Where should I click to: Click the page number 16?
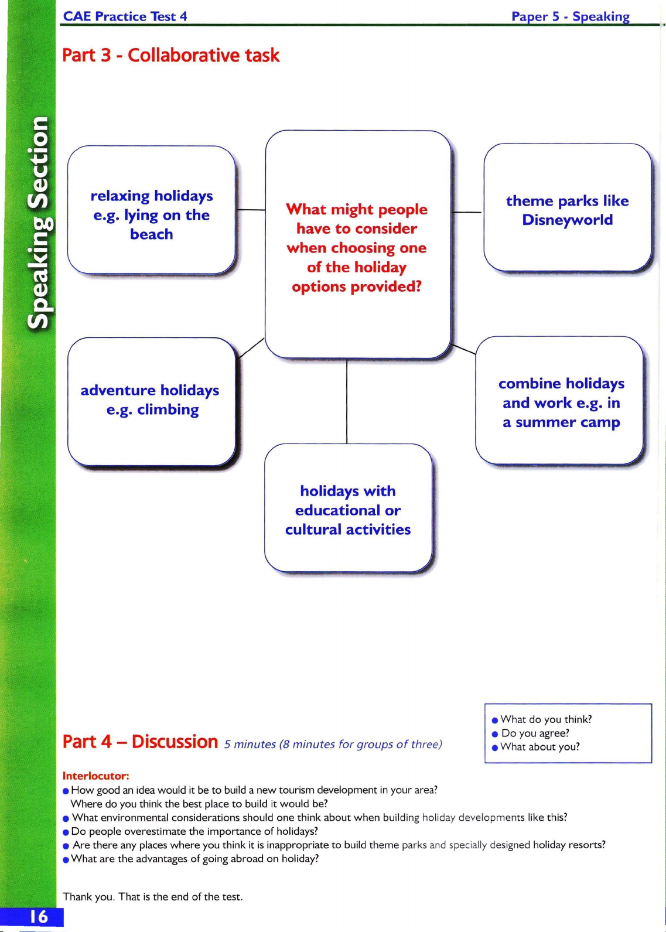(38, 917)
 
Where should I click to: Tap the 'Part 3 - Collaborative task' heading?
(170, 55)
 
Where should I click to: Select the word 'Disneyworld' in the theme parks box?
(568, 220)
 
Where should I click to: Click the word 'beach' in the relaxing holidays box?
(152, 234)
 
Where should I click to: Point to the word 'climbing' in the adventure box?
(168, 410)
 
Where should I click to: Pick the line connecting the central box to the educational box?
(347, 401)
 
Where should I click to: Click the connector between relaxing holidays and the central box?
(251, 210)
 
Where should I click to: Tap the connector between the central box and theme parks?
(467, 212)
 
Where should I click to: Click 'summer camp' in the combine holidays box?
(568, 422)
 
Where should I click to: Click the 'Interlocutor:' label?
(95, 776)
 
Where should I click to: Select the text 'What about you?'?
(540, 747)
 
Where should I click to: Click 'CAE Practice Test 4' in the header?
(125, 16)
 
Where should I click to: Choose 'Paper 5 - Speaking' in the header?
(571, 16)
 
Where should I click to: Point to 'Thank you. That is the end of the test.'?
(153, 896)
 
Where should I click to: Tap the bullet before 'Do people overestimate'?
(65, 832)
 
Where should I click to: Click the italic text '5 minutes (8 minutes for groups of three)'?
(333, 745)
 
